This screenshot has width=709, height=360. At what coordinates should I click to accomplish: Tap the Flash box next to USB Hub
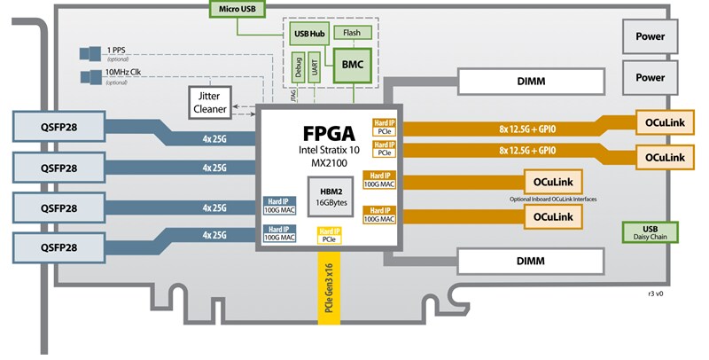352,33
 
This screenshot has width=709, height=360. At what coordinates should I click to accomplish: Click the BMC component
353,65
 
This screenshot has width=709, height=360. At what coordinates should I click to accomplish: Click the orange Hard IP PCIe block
384,126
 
